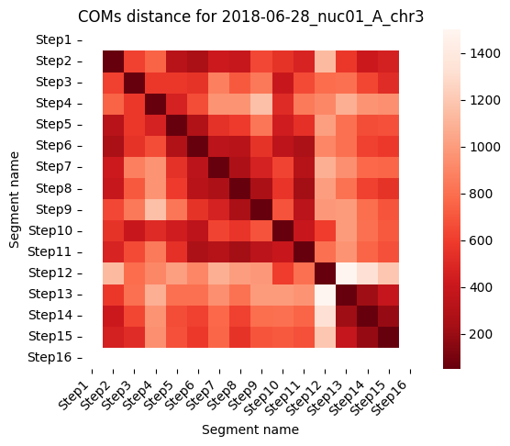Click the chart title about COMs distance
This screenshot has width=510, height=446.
click(x=250, y=17)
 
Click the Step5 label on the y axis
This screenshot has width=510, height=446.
click(x=53, y=124)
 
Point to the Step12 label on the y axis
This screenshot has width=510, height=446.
click(x=50, y=273)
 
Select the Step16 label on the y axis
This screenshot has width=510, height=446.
click(x=50, y=357)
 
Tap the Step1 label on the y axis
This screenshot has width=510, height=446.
click(x=53, y=39)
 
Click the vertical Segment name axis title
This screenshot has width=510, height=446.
click(x=15, y=200)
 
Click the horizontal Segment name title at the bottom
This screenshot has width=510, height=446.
click(x=250, y=429)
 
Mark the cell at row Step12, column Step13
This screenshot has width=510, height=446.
click(x=346, y=273)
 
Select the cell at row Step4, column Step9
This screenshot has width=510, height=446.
click(x=261, y=104)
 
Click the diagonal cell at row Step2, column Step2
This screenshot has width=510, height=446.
click(x=113, y=61)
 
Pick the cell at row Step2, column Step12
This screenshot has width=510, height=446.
click(x=325, y=61)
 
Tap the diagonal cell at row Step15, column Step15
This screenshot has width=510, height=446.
click(x=388, y=337)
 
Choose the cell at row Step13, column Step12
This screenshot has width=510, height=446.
click(x=325, y=295)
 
